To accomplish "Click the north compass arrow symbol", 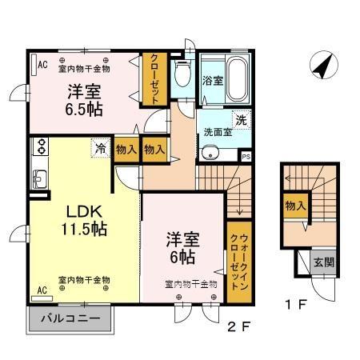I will coord(322,65).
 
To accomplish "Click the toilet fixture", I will coord(183,75).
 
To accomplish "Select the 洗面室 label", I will coord(218,131).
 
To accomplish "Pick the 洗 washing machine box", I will coord(241,119).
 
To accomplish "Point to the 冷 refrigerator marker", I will coord(100,147).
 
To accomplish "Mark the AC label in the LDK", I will coord(42,290).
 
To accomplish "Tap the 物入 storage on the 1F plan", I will coord(295,206).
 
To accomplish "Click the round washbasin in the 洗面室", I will coord(211,154).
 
